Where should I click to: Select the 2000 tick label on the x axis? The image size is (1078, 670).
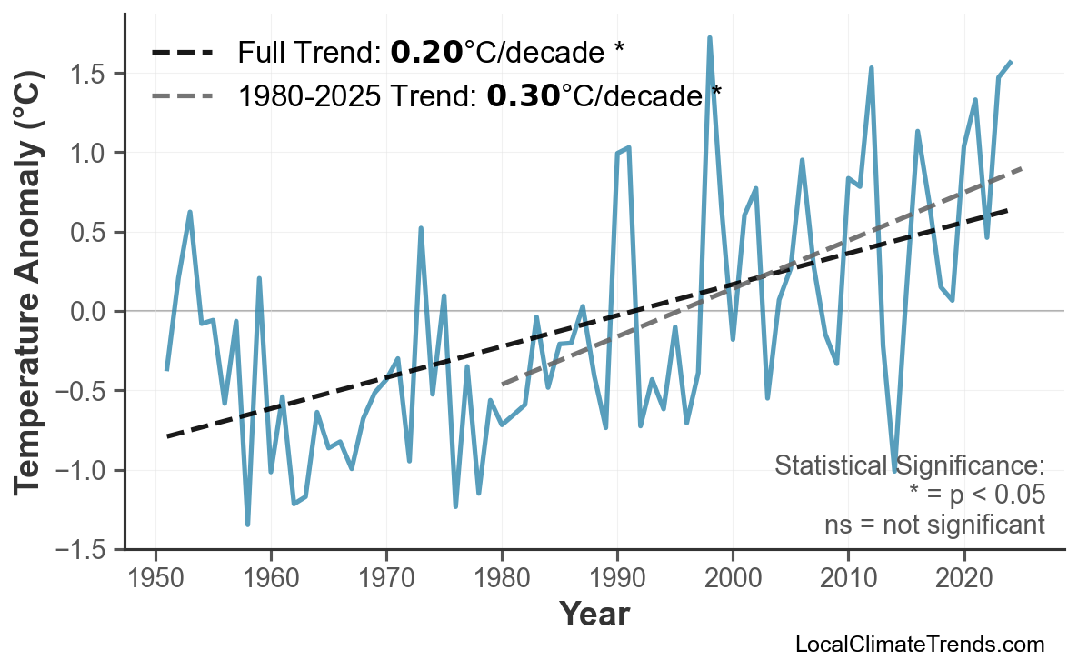tap(733, 579)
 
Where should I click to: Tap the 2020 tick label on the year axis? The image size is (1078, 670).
tap(963, 579)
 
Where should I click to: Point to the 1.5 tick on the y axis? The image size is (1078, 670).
tap(94, 73)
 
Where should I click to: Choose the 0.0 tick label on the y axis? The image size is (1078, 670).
tap(94, 312)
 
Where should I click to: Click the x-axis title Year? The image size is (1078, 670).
tap(594, 615)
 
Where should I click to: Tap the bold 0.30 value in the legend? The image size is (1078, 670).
tap(523, 95)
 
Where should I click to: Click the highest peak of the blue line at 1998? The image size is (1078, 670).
tap(710, 38)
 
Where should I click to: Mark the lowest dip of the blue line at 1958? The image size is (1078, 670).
tap(247, 525)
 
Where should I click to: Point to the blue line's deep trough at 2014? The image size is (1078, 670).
tap(894, 471)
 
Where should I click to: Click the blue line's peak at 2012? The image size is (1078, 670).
tap(871, 68)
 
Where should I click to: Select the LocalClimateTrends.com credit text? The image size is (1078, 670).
tap(919, 645)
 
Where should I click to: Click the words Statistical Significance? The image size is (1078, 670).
tap(909, 466)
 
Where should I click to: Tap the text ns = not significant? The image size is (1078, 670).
tap(934, 525)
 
